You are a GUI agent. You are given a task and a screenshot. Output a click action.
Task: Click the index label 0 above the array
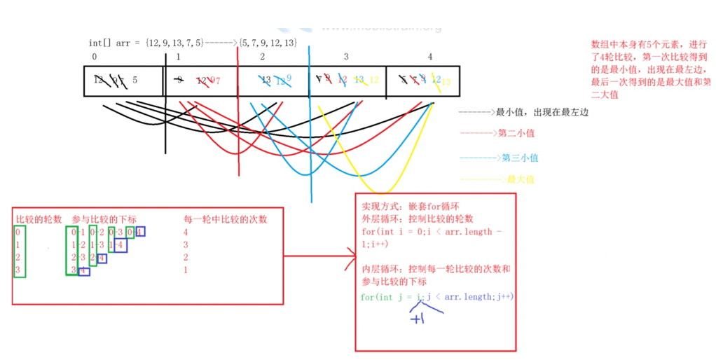(x=94, y=56)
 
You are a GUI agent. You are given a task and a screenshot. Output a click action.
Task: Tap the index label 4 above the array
(x=429, y=56)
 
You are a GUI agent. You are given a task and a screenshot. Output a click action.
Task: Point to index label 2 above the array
(x=262, y=56)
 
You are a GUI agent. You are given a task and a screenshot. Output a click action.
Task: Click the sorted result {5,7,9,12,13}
(x=268, y=43)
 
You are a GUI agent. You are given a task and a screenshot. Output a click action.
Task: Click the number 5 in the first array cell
(x=135, y=80)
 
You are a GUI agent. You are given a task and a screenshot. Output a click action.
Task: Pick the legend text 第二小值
(x=516, y=133)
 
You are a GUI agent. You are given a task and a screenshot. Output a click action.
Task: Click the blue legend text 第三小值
(x=519, y=158)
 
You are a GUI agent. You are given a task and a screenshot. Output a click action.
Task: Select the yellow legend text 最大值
(x=521, y=180)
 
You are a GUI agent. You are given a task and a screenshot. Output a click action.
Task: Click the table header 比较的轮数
(x=39, y=219)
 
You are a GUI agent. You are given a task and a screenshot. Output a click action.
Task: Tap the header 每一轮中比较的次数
(x=224, y=219)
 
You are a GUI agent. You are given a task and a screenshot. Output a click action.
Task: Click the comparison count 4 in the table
(x=185, y=232)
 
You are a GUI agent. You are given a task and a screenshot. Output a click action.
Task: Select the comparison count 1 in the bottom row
(x=185, y=270)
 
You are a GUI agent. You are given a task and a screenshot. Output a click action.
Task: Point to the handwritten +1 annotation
(x=418, y=319)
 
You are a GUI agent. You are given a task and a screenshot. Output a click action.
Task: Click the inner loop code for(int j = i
(x=395, y=297)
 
